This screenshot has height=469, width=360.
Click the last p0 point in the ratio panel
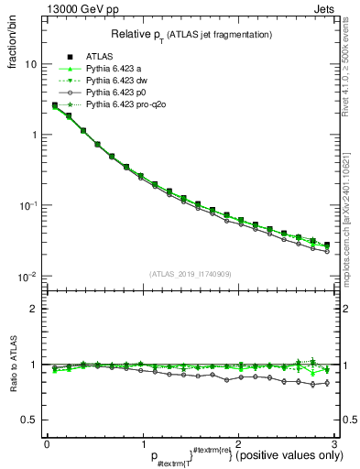coord(327,383)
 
